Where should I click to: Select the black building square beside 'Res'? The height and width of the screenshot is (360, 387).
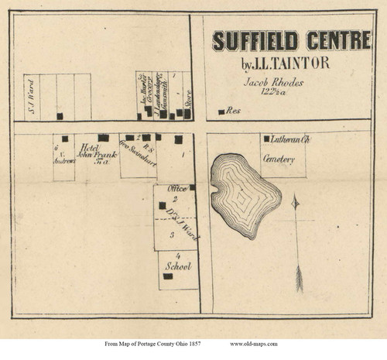[221, 112]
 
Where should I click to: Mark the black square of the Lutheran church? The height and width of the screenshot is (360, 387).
[267, 139]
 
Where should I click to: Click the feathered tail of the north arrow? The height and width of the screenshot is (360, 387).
[299, 279]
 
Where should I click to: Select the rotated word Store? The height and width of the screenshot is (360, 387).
[188, 100]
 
